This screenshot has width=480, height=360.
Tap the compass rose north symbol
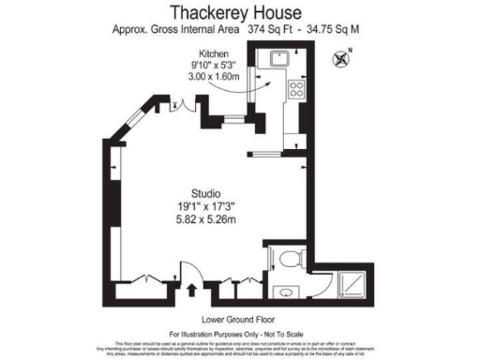pyautogui.click(x=341, y=58)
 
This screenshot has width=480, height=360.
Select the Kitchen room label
pyautogui.click(x=216, y=53)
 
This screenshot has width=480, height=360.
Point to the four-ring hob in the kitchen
pyautogui.click(x=297, y=90)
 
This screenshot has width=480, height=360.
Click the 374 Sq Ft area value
pyautogui.click(x=270, y=29)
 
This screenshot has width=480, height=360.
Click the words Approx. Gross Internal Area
pyautogui.click(x=177, y=29)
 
